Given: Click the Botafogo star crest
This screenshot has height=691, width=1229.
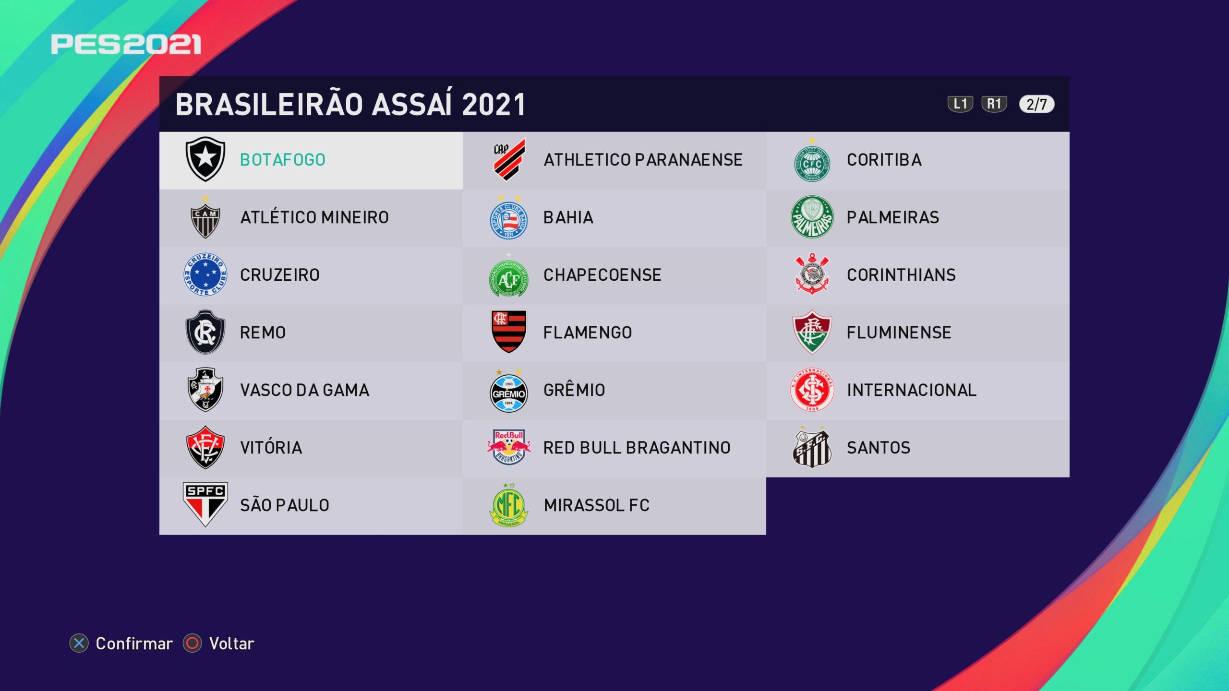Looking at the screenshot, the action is point(205,159).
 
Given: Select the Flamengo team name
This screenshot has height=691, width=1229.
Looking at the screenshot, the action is point(588,333).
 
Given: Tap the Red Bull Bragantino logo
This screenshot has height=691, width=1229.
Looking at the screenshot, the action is point(509,447).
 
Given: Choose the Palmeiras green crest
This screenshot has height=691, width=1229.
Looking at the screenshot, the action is point(812,217).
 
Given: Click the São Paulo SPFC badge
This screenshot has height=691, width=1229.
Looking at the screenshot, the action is point(205,504).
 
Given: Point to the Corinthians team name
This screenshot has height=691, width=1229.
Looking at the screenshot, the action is point(901,275).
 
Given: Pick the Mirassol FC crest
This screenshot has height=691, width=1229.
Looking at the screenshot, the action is point(508,505).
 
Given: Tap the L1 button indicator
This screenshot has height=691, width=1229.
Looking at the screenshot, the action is point(960,104).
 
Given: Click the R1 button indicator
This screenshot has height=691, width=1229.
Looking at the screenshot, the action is point(994,104).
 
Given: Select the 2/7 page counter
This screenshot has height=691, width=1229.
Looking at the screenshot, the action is point(1037,104).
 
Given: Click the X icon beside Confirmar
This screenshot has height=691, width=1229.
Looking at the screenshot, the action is point(79,643).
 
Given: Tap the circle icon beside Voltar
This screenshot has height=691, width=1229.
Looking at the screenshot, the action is point(193,643).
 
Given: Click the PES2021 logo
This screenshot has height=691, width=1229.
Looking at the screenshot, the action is point(126,45).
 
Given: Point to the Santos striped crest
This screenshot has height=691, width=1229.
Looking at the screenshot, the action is point(812,447).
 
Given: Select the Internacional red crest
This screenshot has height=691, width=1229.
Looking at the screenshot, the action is point(812,390).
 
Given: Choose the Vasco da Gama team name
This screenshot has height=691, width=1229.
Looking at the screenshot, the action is point(305,390).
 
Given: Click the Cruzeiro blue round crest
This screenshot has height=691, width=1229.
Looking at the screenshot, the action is point(205,274).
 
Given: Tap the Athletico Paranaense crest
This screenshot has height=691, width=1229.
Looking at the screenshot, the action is point(509,159).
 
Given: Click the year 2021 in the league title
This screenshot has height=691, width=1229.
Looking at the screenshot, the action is point(494,105).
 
